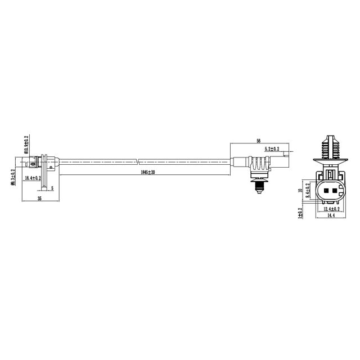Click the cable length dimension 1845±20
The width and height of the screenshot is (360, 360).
point(147,172)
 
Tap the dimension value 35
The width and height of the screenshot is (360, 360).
point(39,199)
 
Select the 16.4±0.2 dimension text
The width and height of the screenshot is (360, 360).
point(34,178)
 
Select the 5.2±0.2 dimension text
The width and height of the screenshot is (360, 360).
point(276,148)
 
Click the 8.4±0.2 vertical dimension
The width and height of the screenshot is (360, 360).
point(307,191)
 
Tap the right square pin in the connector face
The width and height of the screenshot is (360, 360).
point(335,191)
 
